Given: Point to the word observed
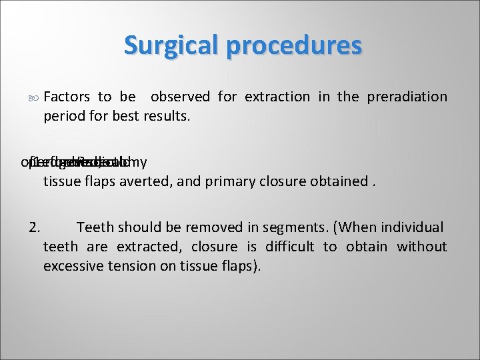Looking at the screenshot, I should [x=180, y=97].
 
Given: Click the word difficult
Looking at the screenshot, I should [x=289, y=247].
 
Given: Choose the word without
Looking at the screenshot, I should [x=422, y=247].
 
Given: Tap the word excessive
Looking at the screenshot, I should [x=73, y=266].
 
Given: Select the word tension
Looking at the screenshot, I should [x=134, y=266].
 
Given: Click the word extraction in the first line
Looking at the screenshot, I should [x=277, y=97].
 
